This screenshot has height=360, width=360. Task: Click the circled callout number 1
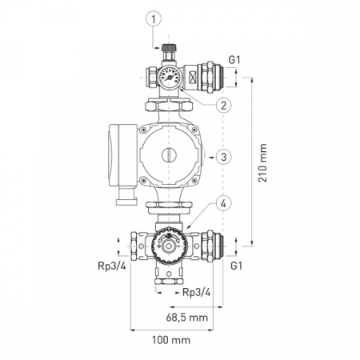tap(154, 18)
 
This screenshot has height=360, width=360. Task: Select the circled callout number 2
tap(223, 105)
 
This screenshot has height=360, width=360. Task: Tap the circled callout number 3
tap(223, 157)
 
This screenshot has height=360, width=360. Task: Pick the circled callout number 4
tap(223, 203)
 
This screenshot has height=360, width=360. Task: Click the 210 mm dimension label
tap(262, 162)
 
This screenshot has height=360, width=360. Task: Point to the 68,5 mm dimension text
tap(186, 318)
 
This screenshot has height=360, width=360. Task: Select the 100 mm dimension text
tap(171, 340)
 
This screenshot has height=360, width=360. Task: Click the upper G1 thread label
tap(234, 60)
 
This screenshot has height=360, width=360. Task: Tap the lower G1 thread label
tap(236, 266)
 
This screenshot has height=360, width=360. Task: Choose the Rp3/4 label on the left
tap(112, 266)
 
